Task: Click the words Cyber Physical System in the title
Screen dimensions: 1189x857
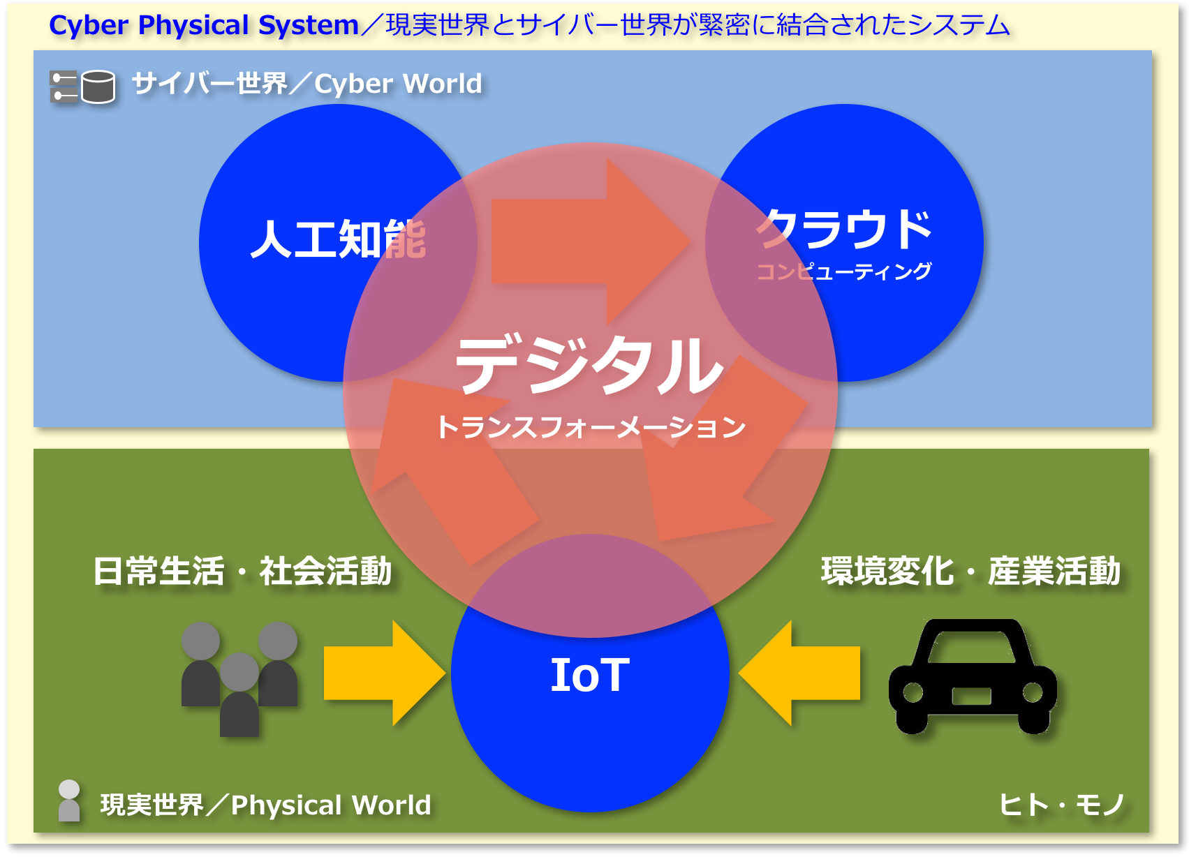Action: click(x=204, y=25)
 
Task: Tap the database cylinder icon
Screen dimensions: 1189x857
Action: click(x=98, y=86)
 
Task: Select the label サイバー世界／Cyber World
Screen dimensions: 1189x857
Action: click(x=307, y=83)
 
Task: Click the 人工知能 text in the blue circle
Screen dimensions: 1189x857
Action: click(x=338, y=239)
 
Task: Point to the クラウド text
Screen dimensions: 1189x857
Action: click(x=844, y=228)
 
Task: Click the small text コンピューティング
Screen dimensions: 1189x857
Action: click(x=844, y=271)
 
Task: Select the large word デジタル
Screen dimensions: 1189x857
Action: click(x=589, y=364)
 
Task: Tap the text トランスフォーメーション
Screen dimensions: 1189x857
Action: click(x=590, y=427)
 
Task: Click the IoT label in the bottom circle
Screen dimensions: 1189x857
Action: click(x=590, y=674)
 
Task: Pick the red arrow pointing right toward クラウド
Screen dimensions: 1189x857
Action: click(x=591, y=241)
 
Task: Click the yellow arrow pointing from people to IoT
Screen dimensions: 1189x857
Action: click(x=384, y=673)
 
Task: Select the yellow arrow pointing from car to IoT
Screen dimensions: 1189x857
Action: click(x=799, y=673)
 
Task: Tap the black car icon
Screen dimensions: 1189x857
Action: click(x=973, y=676)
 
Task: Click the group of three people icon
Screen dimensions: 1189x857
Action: click(x=239, y=679)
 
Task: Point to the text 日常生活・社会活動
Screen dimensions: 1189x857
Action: click(x=242, y=571)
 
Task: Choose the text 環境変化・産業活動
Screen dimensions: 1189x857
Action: click(x=970, y=571)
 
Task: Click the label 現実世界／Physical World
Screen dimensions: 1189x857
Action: click(x=265, y=805)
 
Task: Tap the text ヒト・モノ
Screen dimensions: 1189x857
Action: click(x=1062, y=805)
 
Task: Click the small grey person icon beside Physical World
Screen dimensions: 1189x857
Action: click(x=69, y=800)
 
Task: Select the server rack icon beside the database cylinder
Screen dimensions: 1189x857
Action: click(x=64, y=86)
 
